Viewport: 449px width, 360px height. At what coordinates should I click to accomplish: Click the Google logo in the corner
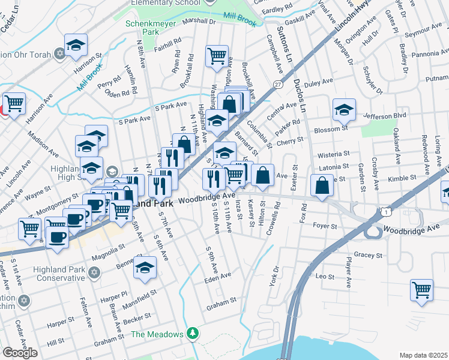click(x=20, y=353)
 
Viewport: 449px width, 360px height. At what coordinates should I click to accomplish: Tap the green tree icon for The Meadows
click(x=192, y=332)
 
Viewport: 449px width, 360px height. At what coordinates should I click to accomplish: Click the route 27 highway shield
click(x=277, y=85)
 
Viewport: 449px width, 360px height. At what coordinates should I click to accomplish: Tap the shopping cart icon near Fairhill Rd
click(x=217, y=56)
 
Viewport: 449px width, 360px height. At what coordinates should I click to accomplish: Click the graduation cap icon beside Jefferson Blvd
click(x=344, y=110)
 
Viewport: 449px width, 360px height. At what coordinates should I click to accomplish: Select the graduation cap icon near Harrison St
click(x=76, y=44)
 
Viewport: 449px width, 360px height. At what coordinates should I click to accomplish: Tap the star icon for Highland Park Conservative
click(x=93, y=273)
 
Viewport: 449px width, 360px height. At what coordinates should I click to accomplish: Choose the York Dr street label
click(x=275, y=275)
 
